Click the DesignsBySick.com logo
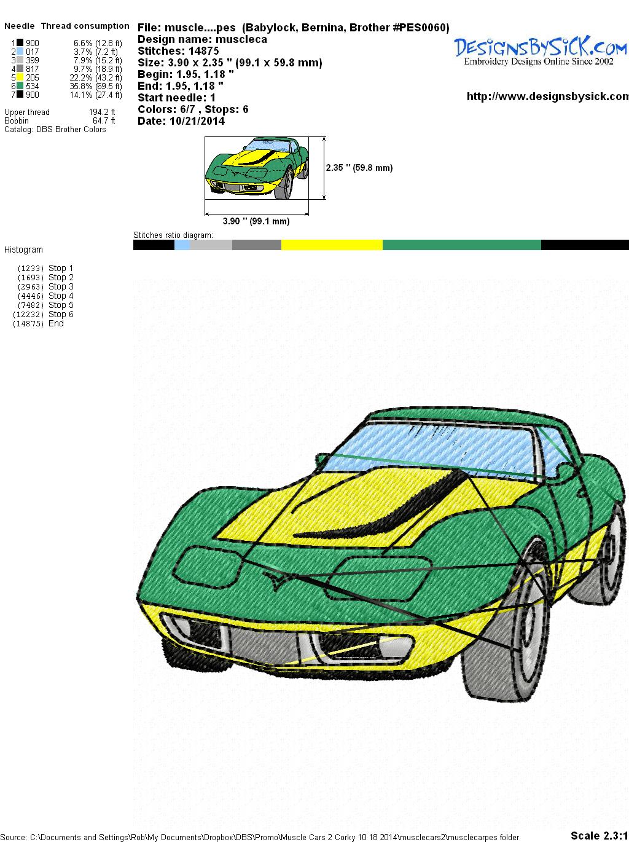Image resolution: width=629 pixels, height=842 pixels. [541, 50]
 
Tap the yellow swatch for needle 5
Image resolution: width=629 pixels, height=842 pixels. [20, 77]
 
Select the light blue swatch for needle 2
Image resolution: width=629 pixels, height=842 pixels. [20, 52]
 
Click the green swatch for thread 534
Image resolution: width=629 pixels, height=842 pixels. [20, 86]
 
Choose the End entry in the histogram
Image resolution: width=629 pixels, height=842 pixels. [38, 323]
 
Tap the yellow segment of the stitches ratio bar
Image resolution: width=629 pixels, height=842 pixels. [332, 245]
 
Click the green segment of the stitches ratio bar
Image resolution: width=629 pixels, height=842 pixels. [462, 245]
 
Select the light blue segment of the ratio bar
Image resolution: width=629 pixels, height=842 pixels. [182, 245]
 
